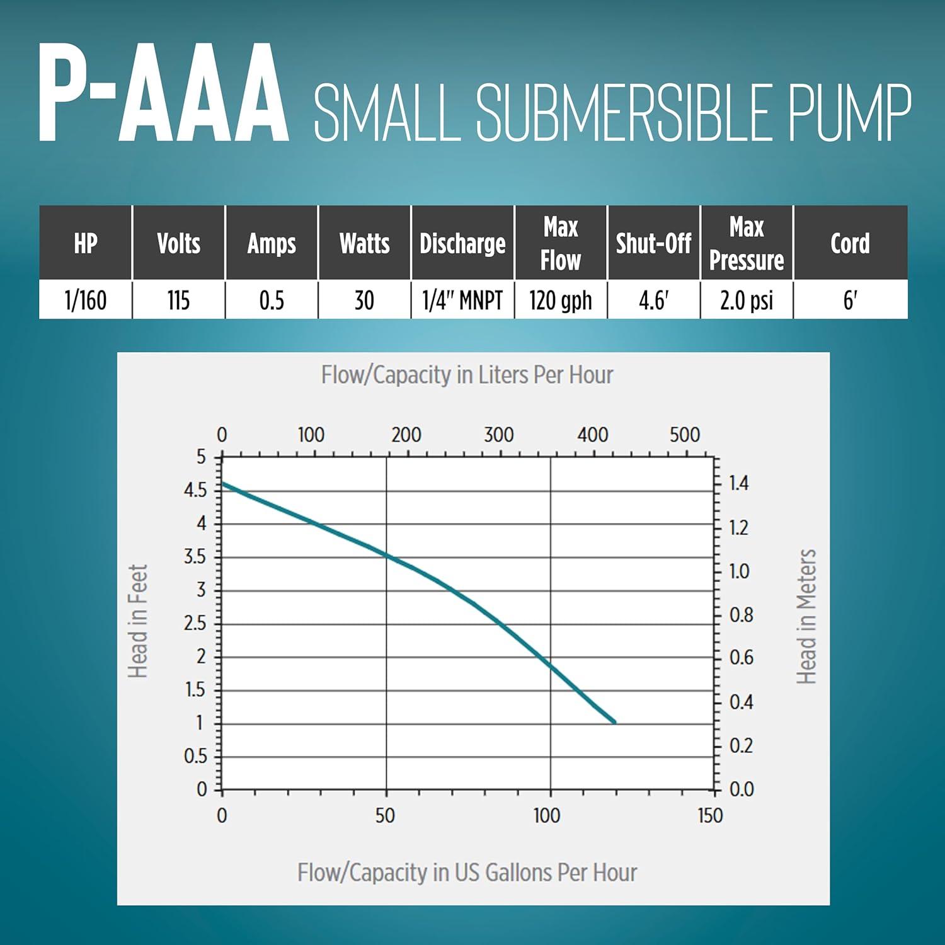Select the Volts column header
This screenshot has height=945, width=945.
point(178,243)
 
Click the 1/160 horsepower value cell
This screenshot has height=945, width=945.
point(86,300)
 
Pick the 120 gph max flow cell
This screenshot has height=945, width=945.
point(560,300)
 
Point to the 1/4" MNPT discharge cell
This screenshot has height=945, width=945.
point(462,300)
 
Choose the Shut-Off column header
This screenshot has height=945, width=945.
point(653,243)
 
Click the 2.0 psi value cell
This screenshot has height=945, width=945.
point(747,300)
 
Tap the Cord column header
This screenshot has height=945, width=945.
point(850,243)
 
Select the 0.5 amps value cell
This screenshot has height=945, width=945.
point(272,300)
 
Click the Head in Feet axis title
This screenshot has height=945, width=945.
point(138,621)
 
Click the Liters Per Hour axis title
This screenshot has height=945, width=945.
point(467,375)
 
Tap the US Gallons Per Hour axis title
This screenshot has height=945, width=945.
point(467,873)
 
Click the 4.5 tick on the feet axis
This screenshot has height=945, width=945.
point(195,490)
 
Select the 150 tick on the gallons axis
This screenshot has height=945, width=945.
point(710,816)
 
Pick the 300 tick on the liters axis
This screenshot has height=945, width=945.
point(499,435)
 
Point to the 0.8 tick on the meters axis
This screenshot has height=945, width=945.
point(741,615)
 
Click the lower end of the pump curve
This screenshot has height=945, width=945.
point(614,722)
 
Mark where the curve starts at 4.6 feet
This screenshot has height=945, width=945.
point(223,484)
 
